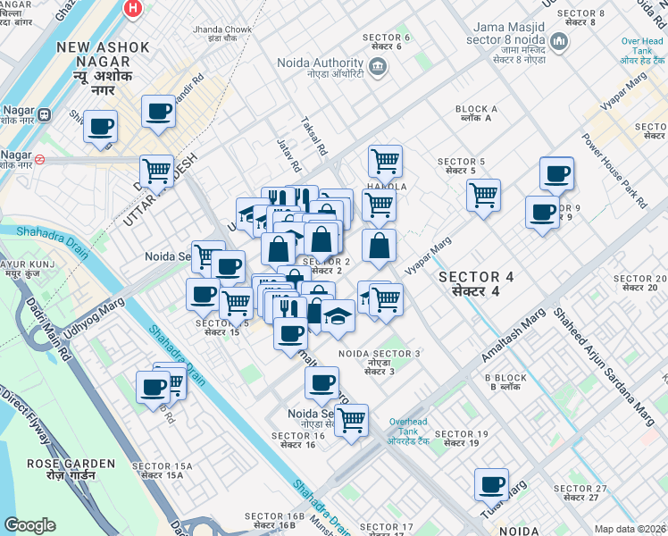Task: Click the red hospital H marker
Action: click(x=134, y=8)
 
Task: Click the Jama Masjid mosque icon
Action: click(x=558, y=42)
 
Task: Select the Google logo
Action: click(x=29, y=525)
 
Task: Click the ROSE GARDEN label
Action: click(x=71, y=469)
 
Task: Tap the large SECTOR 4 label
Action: click(x=475, y=284)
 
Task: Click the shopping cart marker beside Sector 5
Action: click(x=483, y=194)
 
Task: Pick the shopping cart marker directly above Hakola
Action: click(x=385, y=161)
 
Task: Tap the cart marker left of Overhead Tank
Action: click(x=351, y=418)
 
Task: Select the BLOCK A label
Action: click(x=476, y=114)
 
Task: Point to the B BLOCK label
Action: click(x=506, y=382)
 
